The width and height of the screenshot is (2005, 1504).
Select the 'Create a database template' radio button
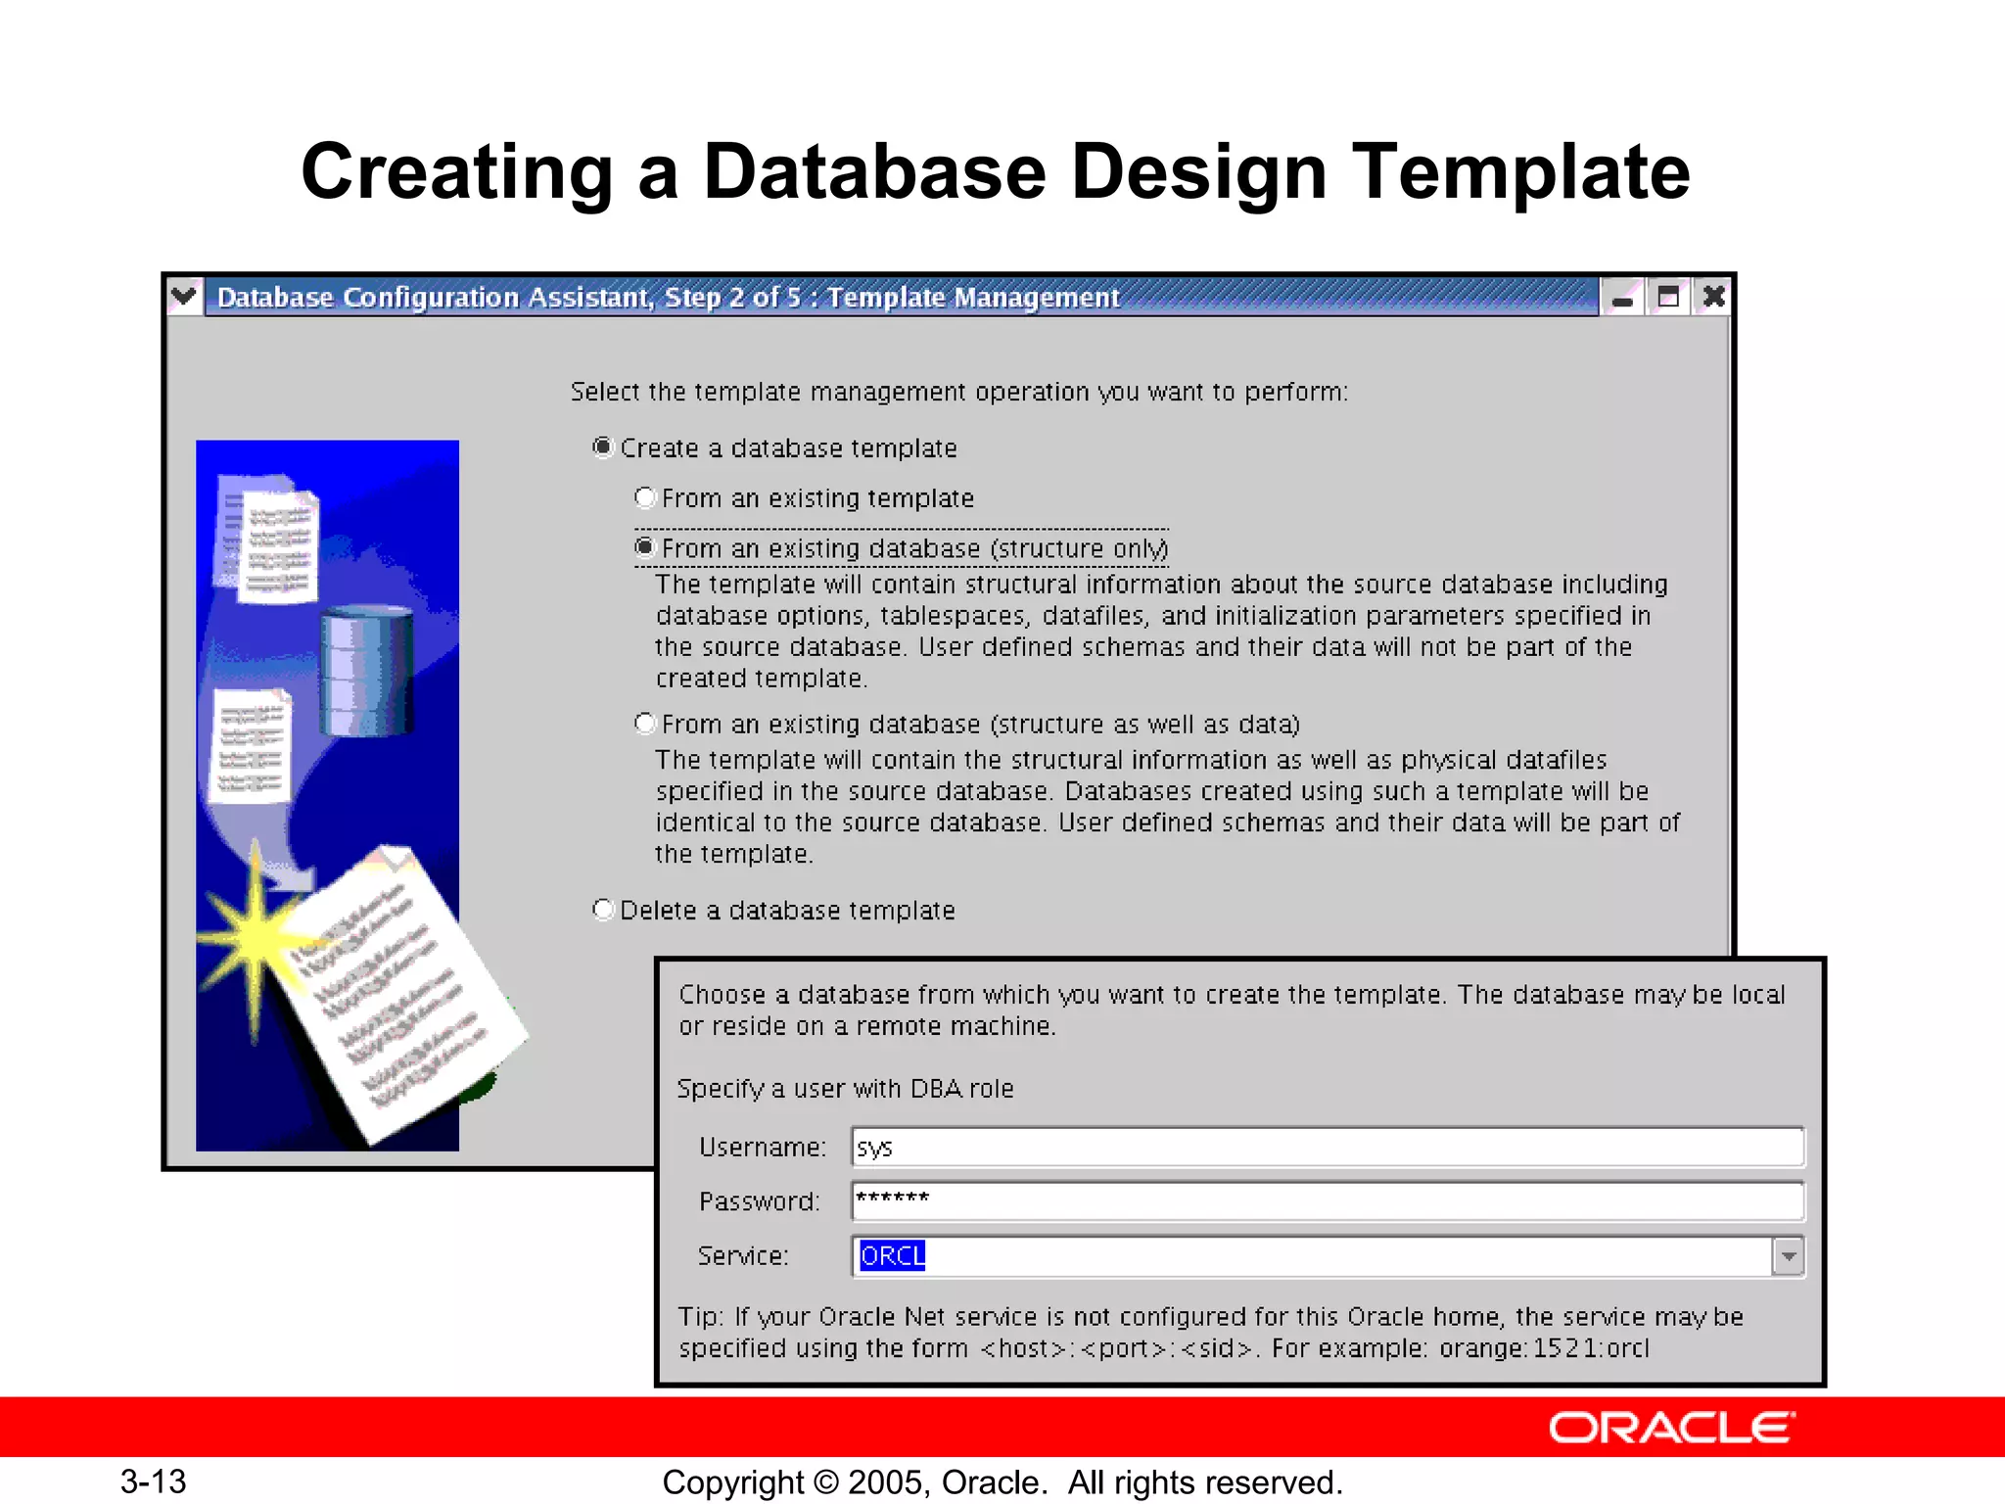pyautogui.click(x=603, y=447)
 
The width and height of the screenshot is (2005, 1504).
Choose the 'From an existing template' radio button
pyautogui.click(x=644, y=497)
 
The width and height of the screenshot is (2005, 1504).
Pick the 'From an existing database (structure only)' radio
pyautogui.click(x=644, y=547)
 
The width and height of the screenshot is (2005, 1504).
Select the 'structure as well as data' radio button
pyautogui.click(x=644, y=724)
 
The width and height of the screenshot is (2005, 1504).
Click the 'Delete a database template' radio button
pyautogui.click(x=603, y=910)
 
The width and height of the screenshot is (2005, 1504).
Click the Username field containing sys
pyautogui.click(x=1327, y=1147)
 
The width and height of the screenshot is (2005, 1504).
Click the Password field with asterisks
pyautogui.click(x=1327, y=1200)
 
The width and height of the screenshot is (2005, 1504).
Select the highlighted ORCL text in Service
pyautogui.click(x=892, y=1255)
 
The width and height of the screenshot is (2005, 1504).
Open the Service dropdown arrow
pyautogui.click(x=1788, y=1255)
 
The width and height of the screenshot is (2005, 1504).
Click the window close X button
pyautogui.click(x=1713, y=297)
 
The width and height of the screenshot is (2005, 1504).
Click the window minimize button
pyautogui.click(x=1622, y=297)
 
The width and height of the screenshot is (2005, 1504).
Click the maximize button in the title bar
pyautogui.click(x=1668, y=297)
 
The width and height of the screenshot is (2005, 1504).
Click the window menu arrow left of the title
pyautogui.click(x=184, y=296)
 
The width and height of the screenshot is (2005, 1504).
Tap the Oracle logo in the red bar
pyautogui.click(x=1671, y=1428)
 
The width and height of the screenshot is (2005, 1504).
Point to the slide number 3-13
pyautogui.click(x=154, y=1481)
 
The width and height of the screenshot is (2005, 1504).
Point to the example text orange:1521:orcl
pyautogui.click(x=1544, y=1348)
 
